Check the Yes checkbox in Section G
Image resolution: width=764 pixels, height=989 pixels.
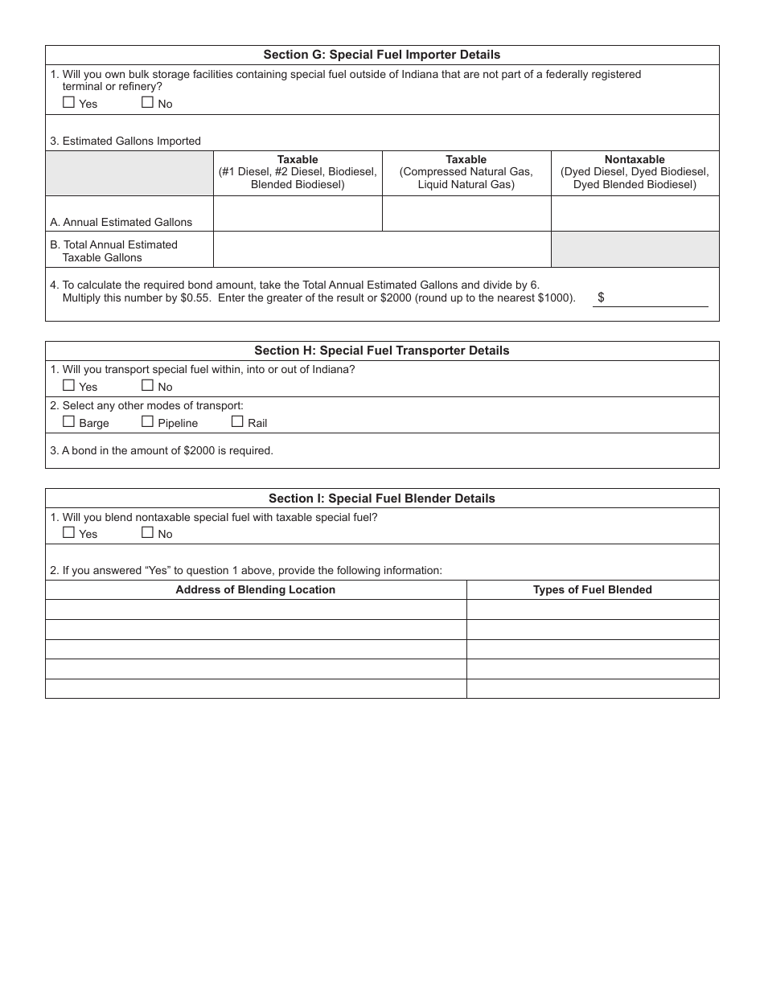(x=68, y=102)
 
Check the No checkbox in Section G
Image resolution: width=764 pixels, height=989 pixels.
(x=147, y=102)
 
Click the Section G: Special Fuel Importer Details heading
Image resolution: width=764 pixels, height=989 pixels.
(x=382, y=55)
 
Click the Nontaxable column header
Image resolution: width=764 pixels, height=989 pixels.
(x=635, y=172)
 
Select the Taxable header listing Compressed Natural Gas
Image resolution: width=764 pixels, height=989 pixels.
(x=466, y=172)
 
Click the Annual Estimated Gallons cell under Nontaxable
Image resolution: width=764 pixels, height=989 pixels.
(x=635, y=214)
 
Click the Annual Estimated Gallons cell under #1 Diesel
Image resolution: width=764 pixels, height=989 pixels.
(x=298, y=214)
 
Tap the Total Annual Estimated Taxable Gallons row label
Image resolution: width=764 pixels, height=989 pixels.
(x=120, y=250)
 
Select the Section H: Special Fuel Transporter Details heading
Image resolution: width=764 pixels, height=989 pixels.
(x=382, y=351)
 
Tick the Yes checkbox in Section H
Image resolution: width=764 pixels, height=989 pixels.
(x=68, y=385)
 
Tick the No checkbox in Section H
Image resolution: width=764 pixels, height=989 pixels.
(x=147, y=385)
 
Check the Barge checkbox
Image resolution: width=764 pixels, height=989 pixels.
(x=68, y=421)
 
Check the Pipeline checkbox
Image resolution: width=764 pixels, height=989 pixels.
(x=147, y=421)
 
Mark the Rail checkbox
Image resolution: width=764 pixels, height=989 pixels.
(x=237, y=421)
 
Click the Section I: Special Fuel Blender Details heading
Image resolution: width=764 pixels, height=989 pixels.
(x=382, y=499)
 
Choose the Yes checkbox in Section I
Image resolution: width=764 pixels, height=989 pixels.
(x=68, y=532)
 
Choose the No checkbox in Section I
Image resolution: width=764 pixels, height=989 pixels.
(x=147, y=532)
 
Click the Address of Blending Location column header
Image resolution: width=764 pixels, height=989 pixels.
(x=256, y=589)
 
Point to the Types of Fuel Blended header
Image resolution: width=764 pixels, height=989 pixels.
(x=593, y=589)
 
